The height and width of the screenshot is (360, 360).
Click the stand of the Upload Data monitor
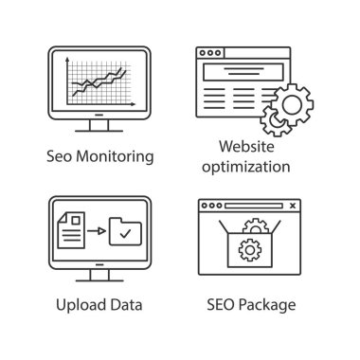95,275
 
